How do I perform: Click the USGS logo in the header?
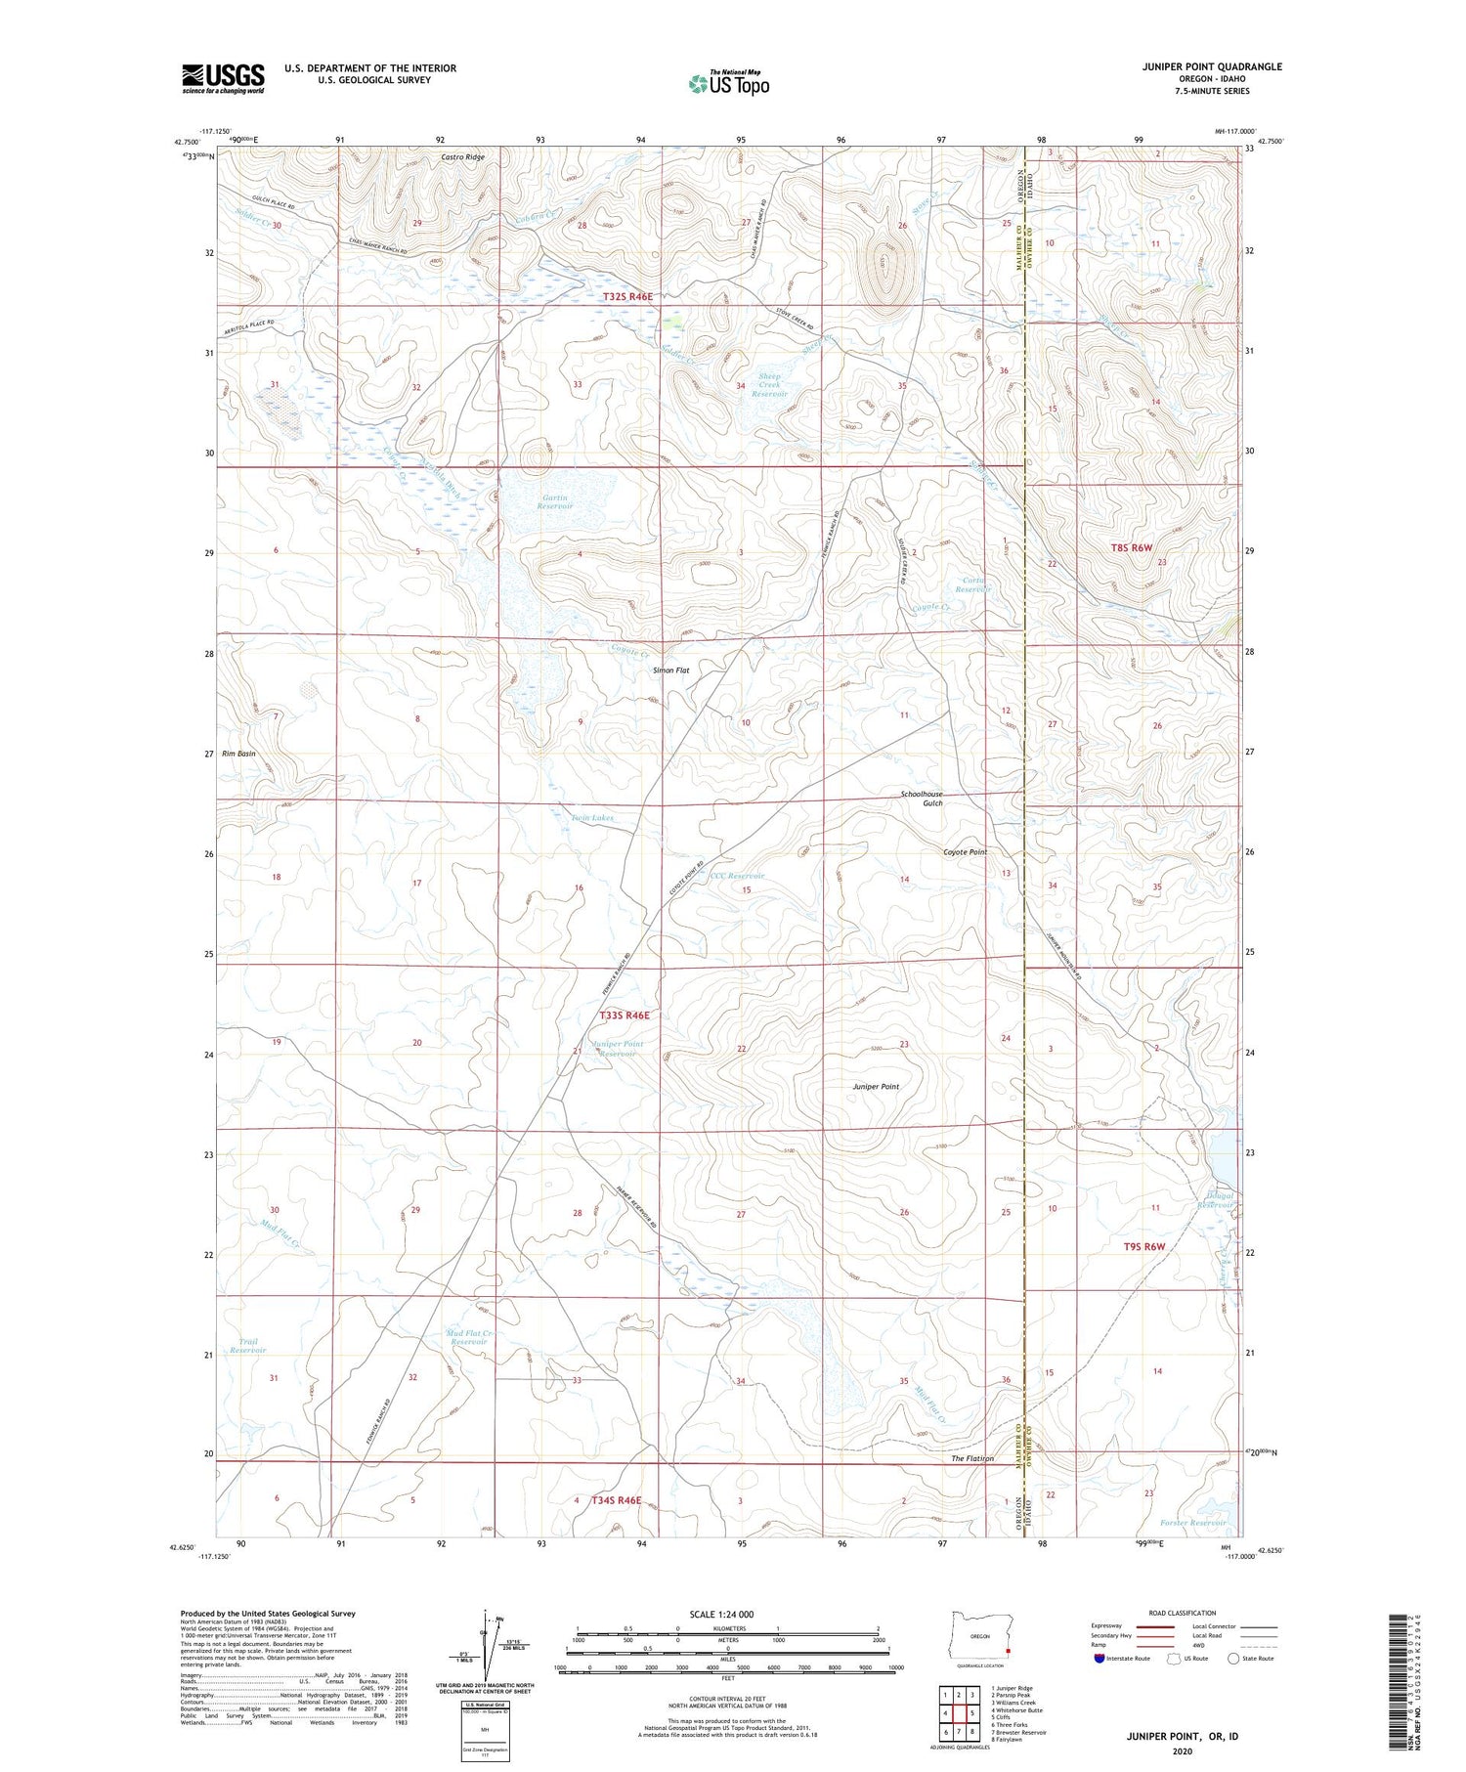tap(223, 78)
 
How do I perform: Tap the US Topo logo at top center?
tap(728, 83)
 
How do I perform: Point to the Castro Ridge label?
tap(462, 156)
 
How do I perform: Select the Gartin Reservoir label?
tap(554, 501)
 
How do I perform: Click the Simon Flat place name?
tap(671, 670)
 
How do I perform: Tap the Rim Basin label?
tap(238, 754)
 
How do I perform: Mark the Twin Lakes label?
tap(592, 817)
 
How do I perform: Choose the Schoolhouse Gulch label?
tap(922, 799)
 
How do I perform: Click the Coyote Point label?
tap(965, 852)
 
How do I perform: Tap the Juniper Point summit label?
tap(876, 1086)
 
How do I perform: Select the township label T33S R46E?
tap(624, 1016)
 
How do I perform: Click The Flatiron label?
tap(972, 1458)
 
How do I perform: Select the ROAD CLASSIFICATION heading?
tap(1183, 1613)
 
